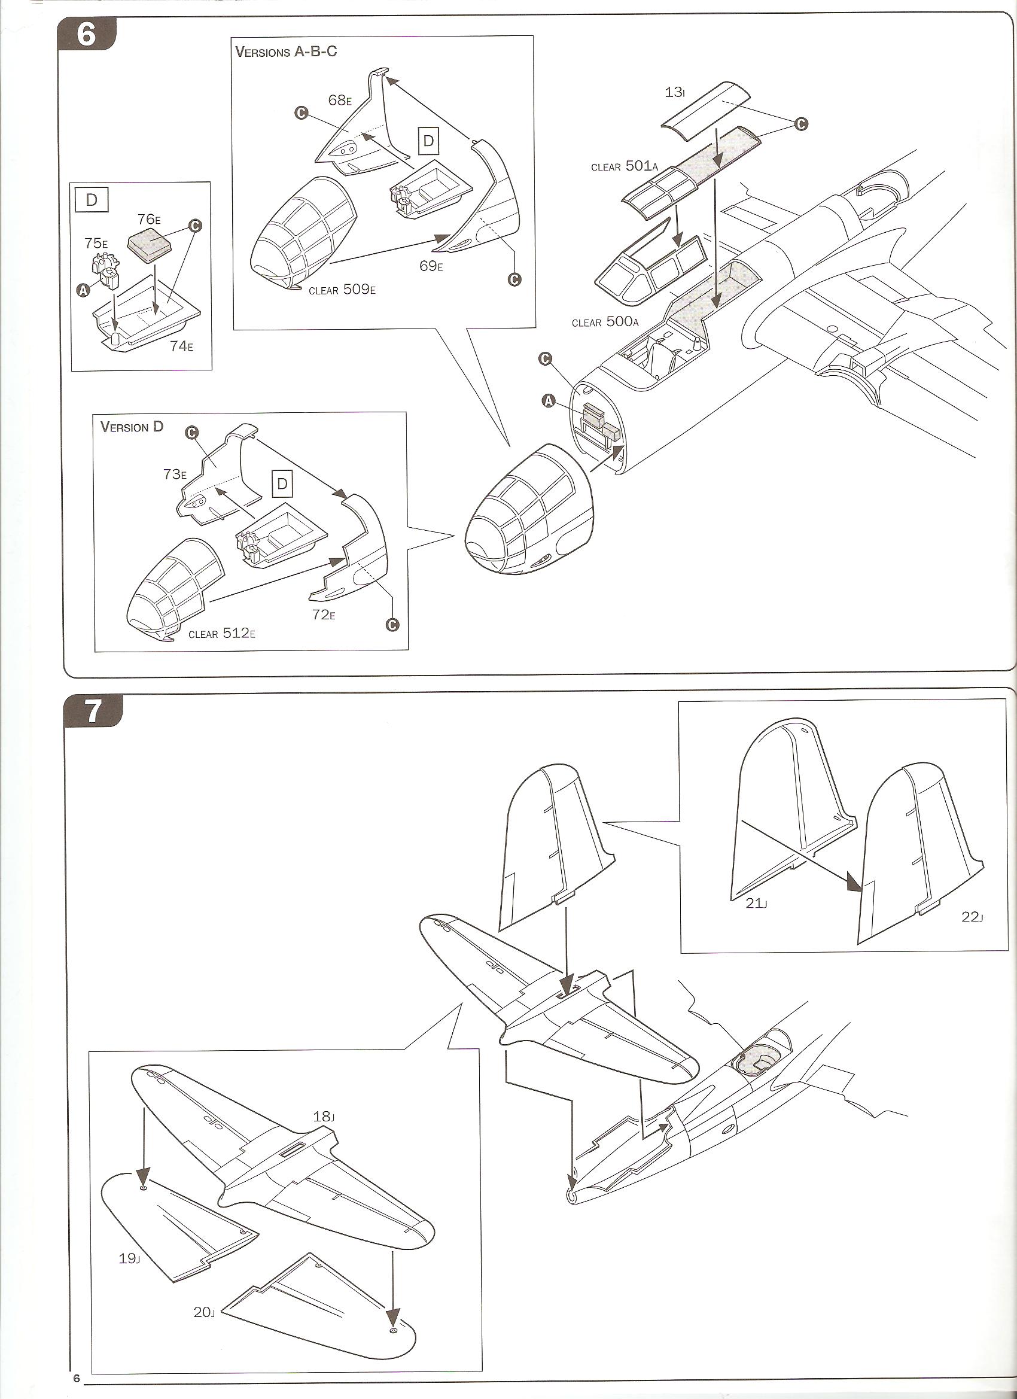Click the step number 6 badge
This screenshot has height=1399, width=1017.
(87, 34)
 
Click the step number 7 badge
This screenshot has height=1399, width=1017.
(93, 712)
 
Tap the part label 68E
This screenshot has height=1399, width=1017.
(340, 100)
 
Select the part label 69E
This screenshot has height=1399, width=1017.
(431, 266)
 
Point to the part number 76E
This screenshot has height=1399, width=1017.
(148, 219)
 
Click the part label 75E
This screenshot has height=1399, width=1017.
(96, 243)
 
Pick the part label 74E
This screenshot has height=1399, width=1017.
(181, 345)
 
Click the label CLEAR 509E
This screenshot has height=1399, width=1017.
(342, 289)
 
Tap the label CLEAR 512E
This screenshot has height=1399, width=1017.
(221, 634)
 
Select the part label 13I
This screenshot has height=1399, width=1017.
(675, 93)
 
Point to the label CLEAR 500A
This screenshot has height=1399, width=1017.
(605, 322)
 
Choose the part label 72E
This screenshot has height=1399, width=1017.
(324, 615)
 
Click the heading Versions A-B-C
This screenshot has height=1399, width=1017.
(285, 51)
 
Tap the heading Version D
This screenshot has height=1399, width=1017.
(132, 426)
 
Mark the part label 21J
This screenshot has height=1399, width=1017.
(756, 904)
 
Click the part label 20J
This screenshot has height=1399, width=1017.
(203, 1255)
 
